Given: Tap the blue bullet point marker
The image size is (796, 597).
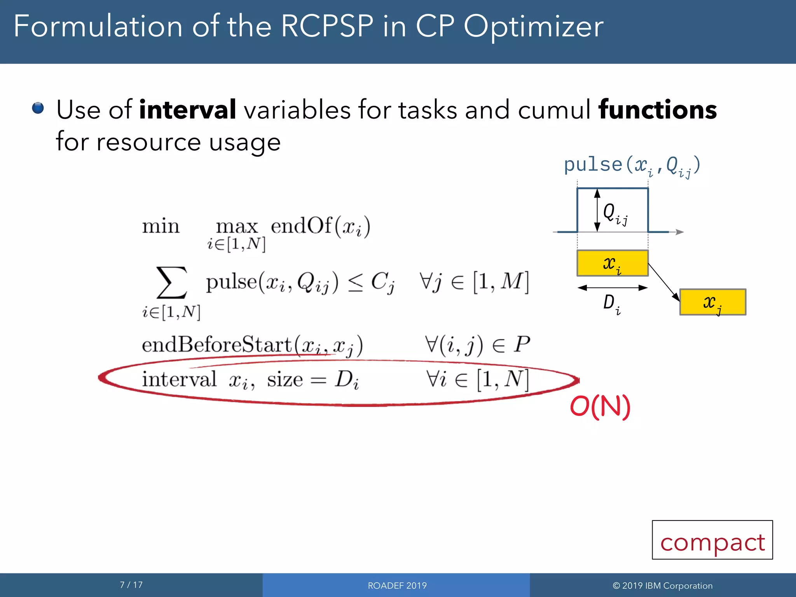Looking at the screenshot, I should (x=38, y=108).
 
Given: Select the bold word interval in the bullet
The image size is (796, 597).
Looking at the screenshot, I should (x=187, y=110).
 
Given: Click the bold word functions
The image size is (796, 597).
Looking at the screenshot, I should (x=657, y=110).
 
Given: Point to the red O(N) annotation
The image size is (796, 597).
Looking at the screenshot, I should (x=600, y=407).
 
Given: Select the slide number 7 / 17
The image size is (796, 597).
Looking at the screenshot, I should (x=131, y=585).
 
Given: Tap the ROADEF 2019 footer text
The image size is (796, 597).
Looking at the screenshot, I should (x=397, y=585).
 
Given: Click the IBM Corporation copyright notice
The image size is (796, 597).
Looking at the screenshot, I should (x=662, y=585).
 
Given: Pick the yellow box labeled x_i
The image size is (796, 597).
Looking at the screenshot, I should (x=612, y=263).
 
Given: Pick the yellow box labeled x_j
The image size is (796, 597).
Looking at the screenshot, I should (x=712, y=302).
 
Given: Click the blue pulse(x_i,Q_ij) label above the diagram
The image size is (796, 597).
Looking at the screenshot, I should (x=632, y=166).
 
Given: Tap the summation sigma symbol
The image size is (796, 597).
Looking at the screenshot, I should (x=171, y=282).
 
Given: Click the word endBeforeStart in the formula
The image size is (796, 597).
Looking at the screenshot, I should (x=216, y=345).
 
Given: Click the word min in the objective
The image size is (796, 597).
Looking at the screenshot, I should (x=161, y=226).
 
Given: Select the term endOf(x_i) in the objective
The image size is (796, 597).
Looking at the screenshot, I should (x=320, y=226).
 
